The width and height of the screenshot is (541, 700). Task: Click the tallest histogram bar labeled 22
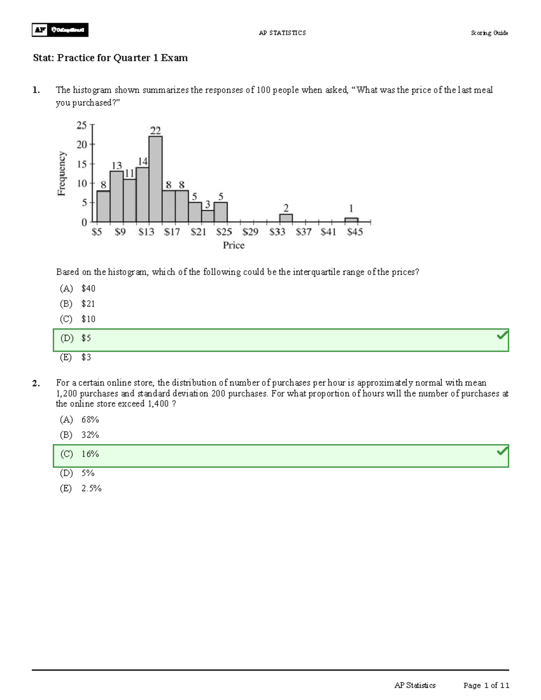(156, 179)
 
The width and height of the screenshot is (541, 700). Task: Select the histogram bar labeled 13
(117, 197)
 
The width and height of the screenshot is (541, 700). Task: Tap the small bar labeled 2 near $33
(286, 218)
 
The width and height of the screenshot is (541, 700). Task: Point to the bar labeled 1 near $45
(351, 220)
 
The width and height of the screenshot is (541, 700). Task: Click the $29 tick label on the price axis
(250, 232)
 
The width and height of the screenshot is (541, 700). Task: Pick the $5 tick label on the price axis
(97, 232)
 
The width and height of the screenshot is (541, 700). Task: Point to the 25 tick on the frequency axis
(82, 125)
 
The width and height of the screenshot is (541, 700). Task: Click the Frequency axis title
(62, 174)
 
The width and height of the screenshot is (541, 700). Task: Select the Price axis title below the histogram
(234, 245)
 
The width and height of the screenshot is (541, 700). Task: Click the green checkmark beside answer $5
(502, 335)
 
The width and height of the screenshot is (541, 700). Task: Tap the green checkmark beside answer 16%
(502, 451)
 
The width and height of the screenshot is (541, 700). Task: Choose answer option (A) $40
(78, 288)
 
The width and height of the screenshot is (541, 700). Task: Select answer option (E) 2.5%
(81, 489)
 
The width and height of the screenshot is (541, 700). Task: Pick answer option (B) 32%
(79, 435)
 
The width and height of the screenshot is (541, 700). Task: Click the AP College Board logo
(60, 30)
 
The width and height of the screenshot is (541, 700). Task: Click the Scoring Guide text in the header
(489, 33)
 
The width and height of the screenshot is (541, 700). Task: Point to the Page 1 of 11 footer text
(486, 686)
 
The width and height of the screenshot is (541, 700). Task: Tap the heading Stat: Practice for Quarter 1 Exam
(110, 58)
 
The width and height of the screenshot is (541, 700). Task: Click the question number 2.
(36, 383)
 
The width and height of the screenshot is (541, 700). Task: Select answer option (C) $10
(78, 319)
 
